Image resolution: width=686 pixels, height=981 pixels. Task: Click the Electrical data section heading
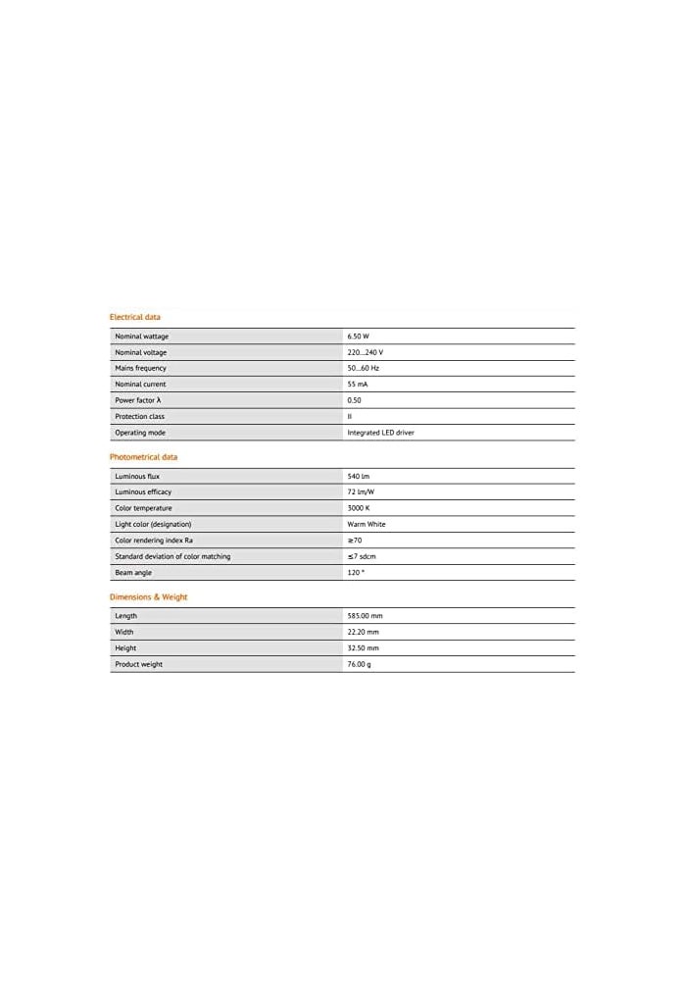tap(134, 317)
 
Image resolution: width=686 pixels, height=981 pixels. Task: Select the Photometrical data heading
tap(143, 457)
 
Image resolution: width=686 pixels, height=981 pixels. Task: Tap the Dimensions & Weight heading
tap(148, 596)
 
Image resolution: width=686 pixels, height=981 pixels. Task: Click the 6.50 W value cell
tap(358, 336)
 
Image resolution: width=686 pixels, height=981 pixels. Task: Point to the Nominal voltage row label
tap(141, 352)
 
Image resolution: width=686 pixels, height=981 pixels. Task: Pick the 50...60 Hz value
tap(363, 368)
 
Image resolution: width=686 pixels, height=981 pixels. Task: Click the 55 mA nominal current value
tap(358, 385)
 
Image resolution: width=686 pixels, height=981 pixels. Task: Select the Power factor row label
tap(138, 400)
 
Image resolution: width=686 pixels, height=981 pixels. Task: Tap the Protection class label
tap(139, 416)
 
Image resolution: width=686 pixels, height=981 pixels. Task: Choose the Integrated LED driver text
tap(380, 433)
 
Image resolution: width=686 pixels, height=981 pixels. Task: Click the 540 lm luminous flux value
tap(358, 476)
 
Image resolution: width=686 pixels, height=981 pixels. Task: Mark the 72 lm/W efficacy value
tap(361, 491)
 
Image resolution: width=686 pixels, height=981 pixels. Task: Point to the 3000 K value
tap(358, 508)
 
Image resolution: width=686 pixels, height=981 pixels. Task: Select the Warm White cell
tap(367, 524)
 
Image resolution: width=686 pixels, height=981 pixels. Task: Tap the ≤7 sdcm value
tap(362, 556)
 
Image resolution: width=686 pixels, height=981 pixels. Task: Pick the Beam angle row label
tap(133, 572)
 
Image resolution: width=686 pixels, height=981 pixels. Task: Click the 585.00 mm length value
tap(365, 616)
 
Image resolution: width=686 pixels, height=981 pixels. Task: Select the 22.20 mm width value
tap(363, 632)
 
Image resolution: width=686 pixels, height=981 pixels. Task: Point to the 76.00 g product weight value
tap(359, 664)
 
